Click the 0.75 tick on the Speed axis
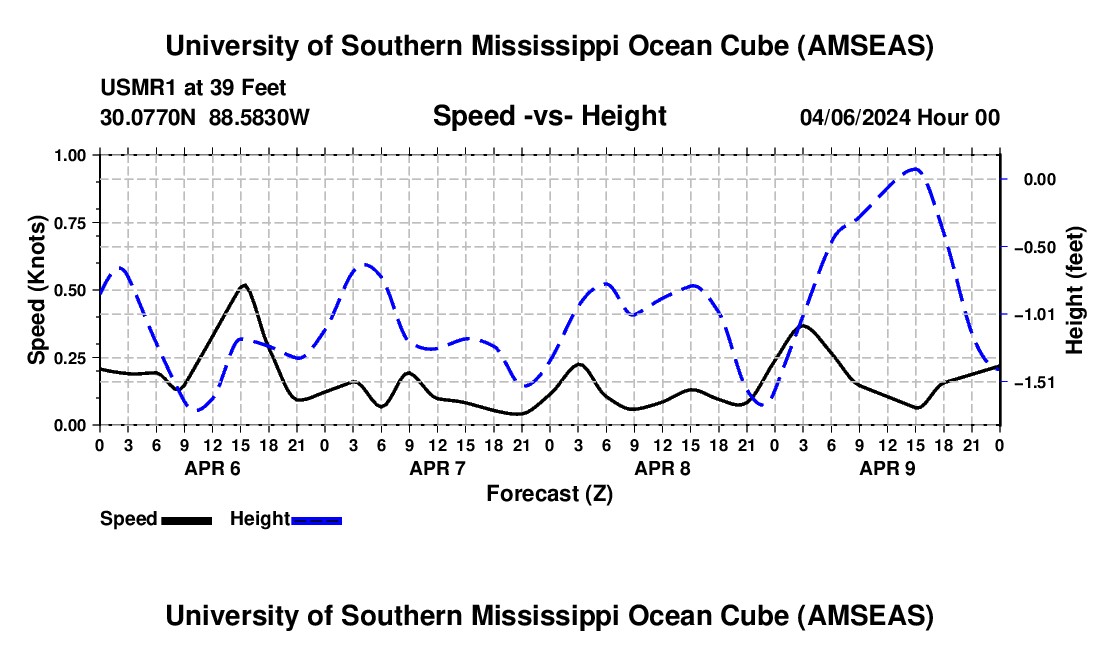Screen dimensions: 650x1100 [70, 222]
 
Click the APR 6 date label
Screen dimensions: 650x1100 [212, 467]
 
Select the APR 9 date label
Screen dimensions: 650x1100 [886, 467]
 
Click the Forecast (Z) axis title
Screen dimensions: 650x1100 [549, 493]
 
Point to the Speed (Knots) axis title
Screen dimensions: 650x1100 [37, 290]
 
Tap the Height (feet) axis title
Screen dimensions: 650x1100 [1075, 290]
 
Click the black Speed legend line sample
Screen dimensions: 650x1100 [186, 520]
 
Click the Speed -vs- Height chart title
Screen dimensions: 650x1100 [549, 116]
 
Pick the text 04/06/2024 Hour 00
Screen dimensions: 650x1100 [899, 117]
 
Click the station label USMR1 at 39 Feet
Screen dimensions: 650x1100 [193, 88]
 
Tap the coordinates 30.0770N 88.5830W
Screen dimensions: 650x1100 [205, 117]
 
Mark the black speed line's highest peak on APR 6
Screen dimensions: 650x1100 [243, 285]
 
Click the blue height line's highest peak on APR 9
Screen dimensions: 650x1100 [914, 170]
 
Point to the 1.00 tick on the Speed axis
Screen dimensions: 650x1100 [70, 155]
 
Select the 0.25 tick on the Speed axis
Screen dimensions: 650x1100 [70, 357]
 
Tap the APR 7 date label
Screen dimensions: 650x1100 [437, 467]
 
